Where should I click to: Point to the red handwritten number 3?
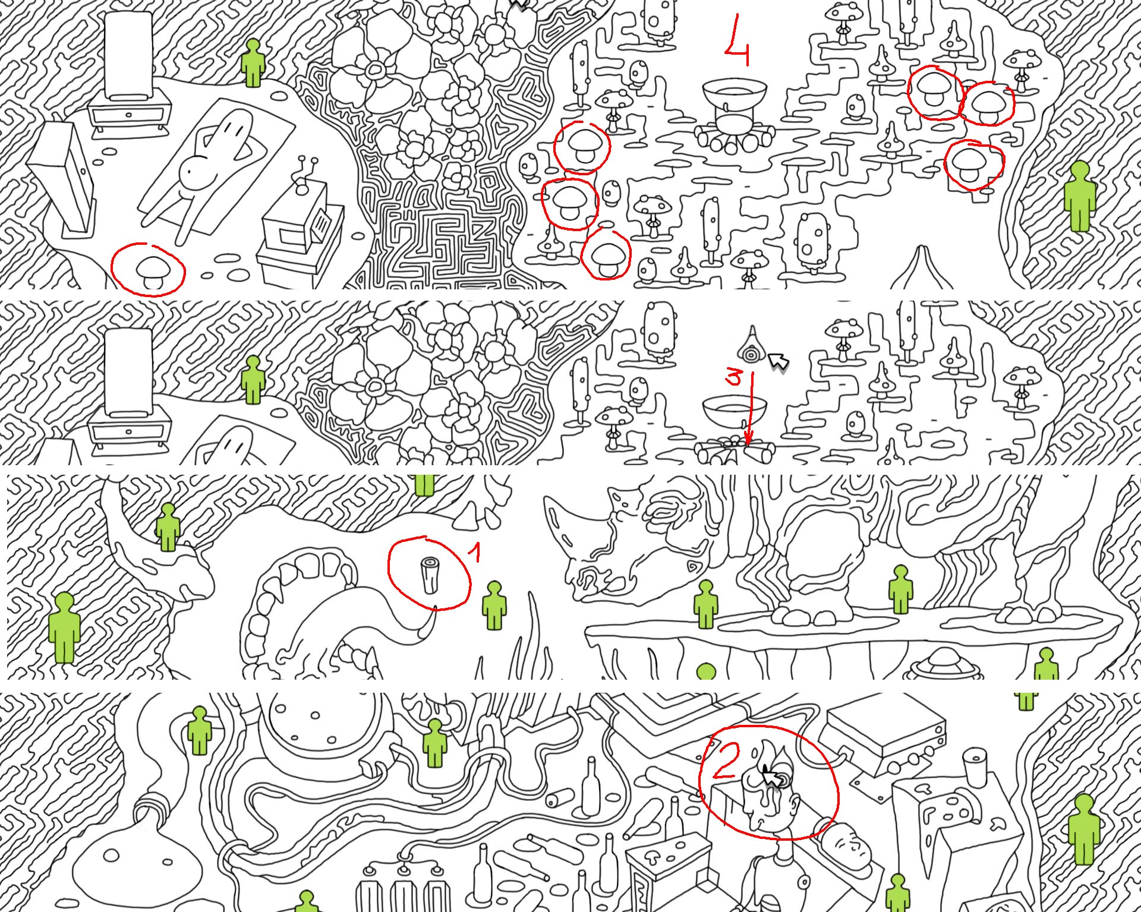(x=735, y=377)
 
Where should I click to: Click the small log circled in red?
(x=428, y=575)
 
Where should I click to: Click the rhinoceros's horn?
(x=562, y=523)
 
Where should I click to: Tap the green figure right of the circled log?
(x=494, y=605)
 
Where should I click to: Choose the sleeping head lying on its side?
(x=847, y=844)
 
